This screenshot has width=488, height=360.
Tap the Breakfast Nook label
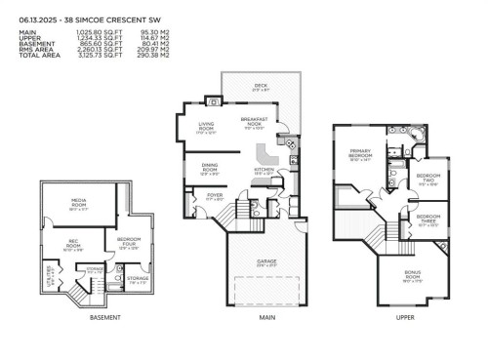point(253,122)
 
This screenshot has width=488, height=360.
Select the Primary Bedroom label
point(361,154)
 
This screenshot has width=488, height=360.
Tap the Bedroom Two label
point(427,179)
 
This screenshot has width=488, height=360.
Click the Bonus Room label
point(411,276)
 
